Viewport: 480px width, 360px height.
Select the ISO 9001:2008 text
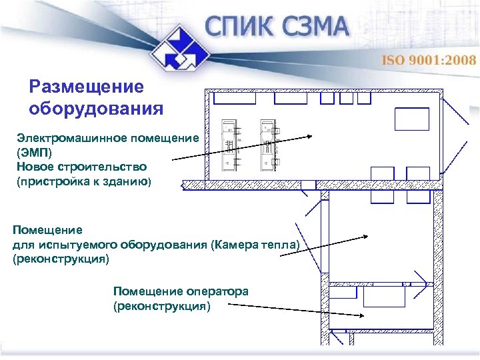tap(428, 60)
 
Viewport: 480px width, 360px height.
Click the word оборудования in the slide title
tap(96, 108)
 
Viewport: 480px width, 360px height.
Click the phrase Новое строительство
tap(82, 166)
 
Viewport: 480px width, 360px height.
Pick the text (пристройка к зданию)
tap(84, 180)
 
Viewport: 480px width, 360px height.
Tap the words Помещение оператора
tap(181, 291)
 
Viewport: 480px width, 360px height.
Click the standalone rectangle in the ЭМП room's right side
tap(411, 119)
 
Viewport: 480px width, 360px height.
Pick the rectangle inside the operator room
tap(384, 297)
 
